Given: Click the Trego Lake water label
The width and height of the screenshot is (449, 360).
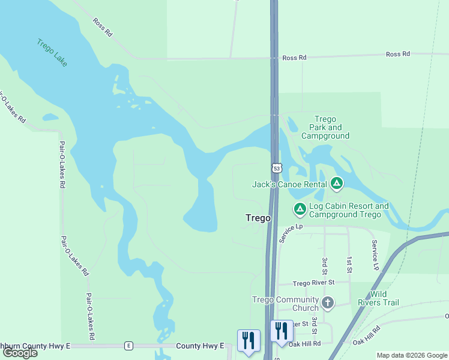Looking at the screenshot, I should click(x=52, y=53).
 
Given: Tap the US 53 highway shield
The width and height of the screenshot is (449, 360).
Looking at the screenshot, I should click(x=276, y=169).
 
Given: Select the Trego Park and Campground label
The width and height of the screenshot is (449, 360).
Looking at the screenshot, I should click(x=325, y=128).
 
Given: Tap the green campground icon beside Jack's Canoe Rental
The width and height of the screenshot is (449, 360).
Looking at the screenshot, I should click(x=337, y=182).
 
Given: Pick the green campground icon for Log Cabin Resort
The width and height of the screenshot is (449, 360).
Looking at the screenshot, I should click(x=300, y=208).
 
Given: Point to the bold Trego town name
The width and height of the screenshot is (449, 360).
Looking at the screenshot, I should click(x=258, y=218).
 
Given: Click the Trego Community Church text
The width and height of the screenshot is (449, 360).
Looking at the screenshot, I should click(x=285, y=304).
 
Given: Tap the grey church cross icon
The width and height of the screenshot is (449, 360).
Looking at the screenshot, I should click(x=327, y=302).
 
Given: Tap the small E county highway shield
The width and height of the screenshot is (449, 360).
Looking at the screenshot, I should click(x=128, y=346).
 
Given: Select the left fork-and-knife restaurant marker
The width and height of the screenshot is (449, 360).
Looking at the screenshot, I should click(x=248, y=340).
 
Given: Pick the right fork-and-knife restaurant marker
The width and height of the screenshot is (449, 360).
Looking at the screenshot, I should click(x=281, y=331).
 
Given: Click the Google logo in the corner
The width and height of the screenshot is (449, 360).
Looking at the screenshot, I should click(x=20, y=353).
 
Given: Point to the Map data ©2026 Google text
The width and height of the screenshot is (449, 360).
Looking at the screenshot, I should click(x=412, y=355).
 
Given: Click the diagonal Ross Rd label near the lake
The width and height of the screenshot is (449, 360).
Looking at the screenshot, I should click(x=103, y=28).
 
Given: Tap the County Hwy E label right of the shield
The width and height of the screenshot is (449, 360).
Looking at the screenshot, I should click(x=200, y=346).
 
